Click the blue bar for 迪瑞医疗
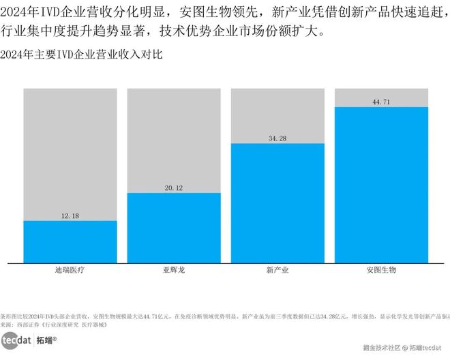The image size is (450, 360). point(70,241)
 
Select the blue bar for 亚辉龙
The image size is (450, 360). point(174,228)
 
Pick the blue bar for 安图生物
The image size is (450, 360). point(381,184)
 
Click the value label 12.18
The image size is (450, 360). point(70,215)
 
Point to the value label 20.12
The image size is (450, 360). point(174,188)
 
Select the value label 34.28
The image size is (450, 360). point(277,138)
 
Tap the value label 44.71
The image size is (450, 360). point(381,102)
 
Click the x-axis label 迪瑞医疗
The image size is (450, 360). point(70,271)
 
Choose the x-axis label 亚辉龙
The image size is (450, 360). point(174,271)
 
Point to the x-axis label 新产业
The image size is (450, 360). point(277,271)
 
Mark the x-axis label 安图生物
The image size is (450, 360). point(381,271)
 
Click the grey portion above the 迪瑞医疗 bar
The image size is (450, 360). point(70,150)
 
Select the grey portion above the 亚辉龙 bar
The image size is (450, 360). point(174,136)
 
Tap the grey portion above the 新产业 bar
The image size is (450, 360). point(277,112)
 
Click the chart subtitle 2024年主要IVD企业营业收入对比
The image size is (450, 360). point(82,54)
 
